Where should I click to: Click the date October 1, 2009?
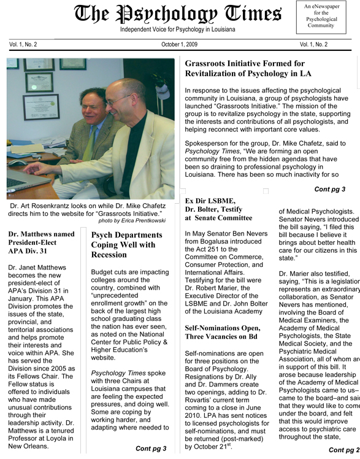[x=180, y=45]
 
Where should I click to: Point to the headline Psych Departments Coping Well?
[x=127, y=244]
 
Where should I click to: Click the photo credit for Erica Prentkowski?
[x=135, y=220]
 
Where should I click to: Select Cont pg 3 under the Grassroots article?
[x=329, y=189]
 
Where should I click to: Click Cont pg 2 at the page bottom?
[x=343, y=450]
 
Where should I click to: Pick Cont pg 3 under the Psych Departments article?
[x=151, y=449]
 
